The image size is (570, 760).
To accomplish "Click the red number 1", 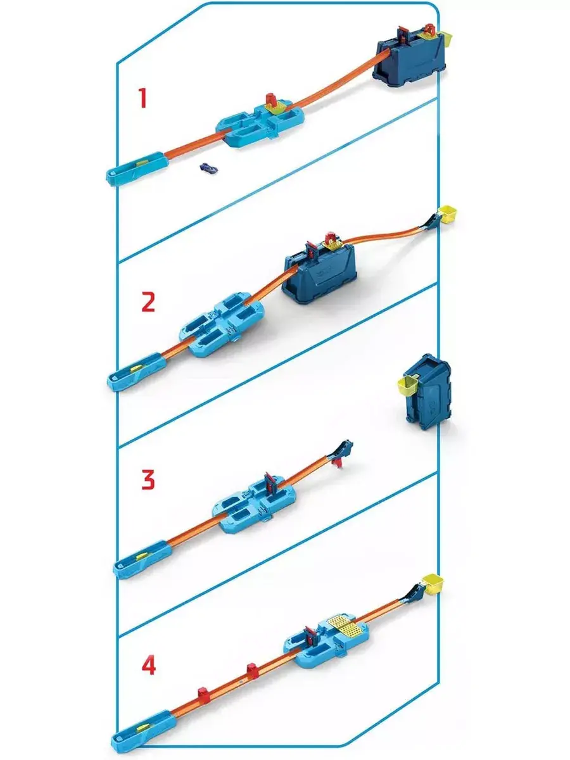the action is (x=142, y=98).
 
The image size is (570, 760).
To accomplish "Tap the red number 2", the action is (x=148, y=301).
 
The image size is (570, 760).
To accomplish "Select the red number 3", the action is (x=148, y=479).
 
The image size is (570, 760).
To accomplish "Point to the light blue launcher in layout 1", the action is (x=137, y=168).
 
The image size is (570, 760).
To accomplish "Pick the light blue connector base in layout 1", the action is (x=261, y=125).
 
